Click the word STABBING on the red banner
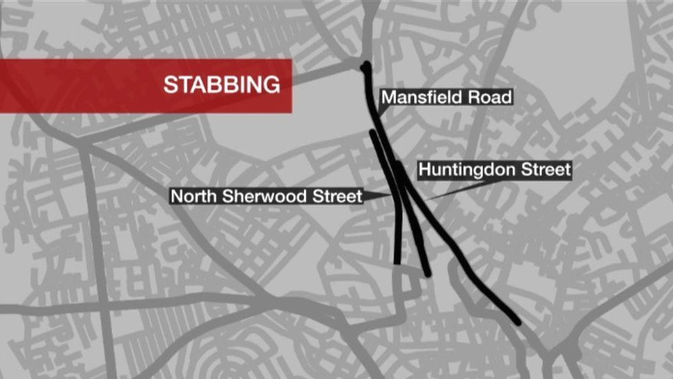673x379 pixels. tap(221, 85)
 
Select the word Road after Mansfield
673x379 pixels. tap(490, 97)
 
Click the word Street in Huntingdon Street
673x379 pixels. tap(544, 169)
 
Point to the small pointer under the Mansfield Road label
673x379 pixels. tap(381, 110)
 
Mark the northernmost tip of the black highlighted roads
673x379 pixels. tap(365, 66)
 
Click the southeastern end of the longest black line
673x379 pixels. tap(516, 321)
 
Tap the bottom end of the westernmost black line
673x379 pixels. tap(397, 262)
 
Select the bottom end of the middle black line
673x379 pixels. tap(428, 273)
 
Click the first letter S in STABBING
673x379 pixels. tap(170, 85)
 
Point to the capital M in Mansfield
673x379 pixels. tap(388, 97)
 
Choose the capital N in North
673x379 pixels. tap(177, 196)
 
